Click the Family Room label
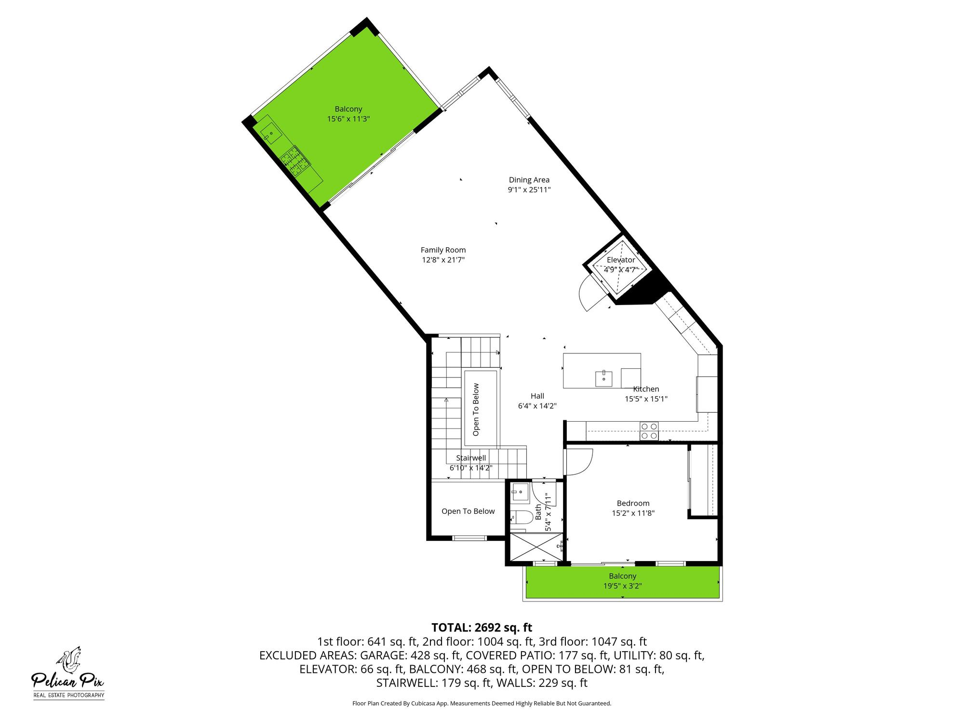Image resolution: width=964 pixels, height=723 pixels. click(x=443, y=250)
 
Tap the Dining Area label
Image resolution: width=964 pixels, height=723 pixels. click(x=529, y=180)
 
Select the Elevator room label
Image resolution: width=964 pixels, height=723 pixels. click(x=621, y=260)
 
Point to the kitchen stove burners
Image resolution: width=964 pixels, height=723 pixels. click(x=649, y=431)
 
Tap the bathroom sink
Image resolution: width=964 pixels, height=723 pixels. click(x=520, y=493)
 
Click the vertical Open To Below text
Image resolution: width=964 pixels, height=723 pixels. click(x=476, y=410)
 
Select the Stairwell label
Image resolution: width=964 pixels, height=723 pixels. click(x=471, y=458)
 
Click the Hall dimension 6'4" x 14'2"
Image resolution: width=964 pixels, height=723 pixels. click(x=537, y=406)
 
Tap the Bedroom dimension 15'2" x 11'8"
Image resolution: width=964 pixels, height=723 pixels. click(x=633, y=513)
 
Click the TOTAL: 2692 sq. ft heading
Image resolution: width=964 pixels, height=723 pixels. click(x=482, y=627)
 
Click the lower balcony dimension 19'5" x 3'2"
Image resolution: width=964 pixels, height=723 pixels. click(x=622, y=586)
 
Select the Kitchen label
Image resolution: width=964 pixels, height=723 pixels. click(x=646, y=389)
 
